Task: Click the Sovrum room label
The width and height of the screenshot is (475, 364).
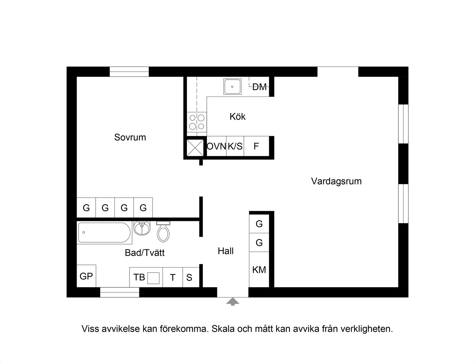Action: [130, 137]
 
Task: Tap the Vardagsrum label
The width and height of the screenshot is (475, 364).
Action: [336, 181]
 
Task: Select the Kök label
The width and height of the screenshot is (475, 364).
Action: [237, 116]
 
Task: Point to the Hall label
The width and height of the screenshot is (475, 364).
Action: [225, 251]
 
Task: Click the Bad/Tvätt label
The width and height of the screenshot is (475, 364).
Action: [144, 253]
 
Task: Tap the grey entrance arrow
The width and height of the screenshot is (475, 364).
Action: [232, 301]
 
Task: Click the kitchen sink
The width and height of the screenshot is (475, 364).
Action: [232, 86]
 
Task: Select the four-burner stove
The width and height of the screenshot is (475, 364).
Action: [197, 122]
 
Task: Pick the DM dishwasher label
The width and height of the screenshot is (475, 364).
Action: [259, 87]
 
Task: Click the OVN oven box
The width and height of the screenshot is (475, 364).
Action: [216, 146]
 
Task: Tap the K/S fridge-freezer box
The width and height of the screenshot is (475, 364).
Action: [235, 146]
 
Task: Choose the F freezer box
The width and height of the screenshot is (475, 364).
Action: [256, 146]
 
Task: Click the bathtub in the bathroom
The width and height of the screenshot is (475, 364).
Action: [104, 232]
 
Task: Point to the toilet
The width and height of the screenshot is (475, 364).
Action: [163, 232]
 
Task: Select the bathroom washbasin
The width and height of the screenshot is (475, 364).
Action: [142, 228]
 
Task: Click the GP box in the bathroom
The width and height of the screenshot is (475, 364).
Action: [86, 276]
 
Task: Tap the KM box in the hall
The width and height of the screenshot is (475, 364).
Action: [259, 270]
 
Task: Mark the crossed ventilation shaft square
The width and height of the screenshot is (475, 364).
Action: [195, 148]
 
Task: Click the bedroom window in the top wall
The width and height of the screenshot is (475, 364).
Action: [129, 72]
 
